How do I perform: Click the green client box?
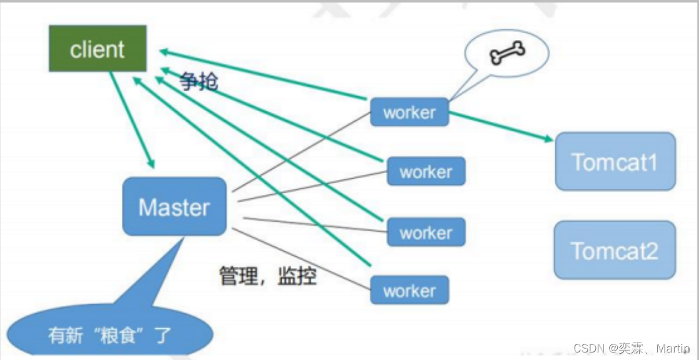click(97, 48)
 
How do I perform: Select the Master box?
click(174, 206)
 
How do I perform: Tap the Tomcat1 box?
click(615, 161)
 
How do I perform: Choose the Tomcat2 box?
click(615, 250)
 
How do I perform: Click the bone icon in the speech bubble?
click(507, 52)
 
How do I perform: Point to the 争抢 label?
click(199, 82)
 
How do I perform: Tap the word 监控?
click(297, 276)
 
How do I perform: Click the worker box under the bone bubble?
click(409, 112)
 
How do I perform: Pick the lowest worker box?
click(409, 291)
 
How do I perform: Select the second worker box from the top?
click(426, 171)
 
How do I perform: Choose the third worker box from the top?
click(426, 232)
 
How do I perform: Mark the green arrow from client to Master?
click(132, 119)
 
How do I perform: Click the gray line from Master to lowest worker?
click(301, 259)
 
